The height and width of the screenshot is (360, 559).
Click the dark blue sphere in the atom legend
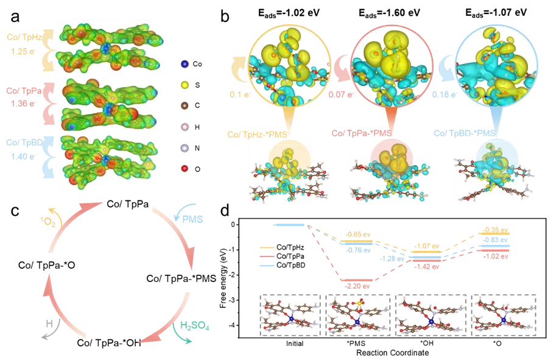click(185, 63)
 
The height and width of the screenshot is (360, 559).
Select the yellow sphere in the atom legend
click(185, 84)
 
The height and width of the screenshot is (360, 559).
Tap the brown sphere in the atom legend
click(185, 105)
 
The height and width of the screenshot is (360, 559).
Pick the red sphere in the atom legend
click(185, 167)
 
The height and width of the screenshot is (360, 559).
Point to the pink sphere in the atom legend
click(185, 125)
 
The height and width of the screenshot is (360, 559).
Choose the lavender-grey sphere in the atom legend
click(185, 147)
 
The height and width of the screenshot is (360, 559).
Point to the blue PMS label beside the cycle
click(194, 218)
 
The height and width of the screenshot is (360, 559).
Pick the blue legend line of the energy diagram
click(267, 266)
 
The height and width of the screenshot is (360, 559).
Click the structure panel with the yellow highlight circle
click(289, 172)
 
